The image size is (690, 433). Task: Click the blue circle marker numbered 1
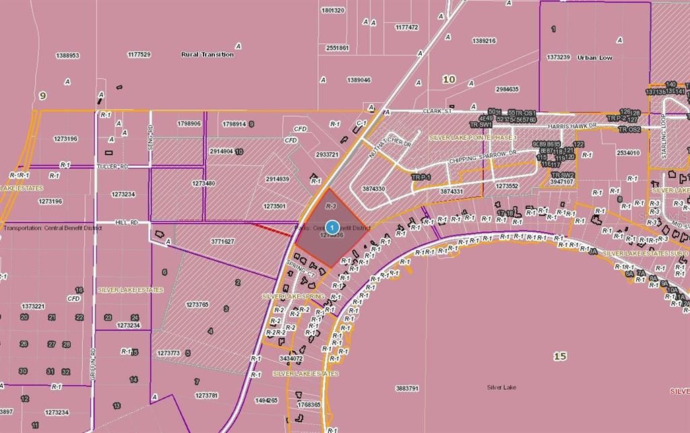click(x=332, y=228)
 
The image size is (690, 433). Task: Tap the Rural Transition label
click(x=208, y=55)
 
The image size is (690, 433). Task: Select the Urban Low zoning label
click(x=594, y=58)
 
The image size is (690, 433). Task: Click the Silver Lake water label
click(x=501, y=387)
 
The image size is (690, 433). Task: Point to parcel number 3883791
click(x=408, y=388)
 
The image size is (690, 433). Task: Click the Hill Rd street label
click(x=122, y=222)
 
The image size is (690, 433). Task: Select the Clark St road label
click(x=436, y=111)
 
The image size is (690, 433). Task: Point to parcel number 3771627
click(x=222, y=241)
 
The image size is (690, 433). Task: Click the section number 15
click(x=559, y=356)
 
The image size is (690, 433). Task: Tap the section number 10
click(x=449, y=80)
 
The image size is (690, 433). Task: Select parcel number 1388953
click(x=67, y=55)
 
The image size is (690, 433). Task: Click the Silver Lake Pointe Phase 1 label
click(x=472, y=138)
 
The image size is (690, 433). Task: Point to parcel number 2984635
click(x=507, y=89)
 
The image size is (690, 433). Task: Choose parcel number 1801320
click(x=333, y=10)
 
